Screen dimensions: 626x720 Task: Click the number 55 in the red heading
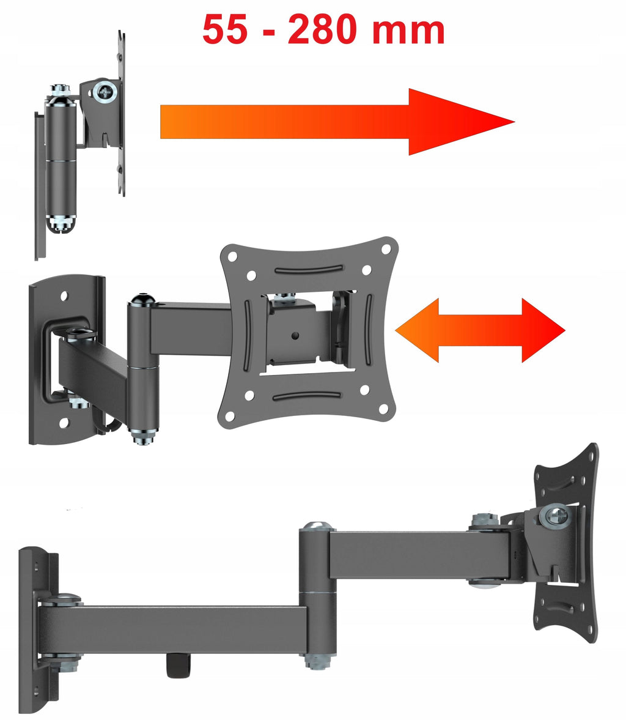224,29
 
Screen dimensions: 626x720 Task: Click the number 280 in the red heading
322,29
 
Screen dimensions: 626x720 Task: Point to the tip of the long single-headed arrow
515,122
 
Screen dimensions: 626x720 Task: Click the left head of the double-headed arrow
417,330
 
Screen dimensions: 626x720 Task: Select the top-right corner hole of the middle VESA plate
386,249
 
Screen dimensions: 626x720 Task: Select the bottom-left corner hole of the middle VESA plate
229,416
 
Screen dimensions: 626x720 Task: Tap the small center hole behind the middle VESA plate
295,336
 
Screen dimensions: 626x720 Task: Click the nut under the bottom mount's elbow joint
318,661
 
